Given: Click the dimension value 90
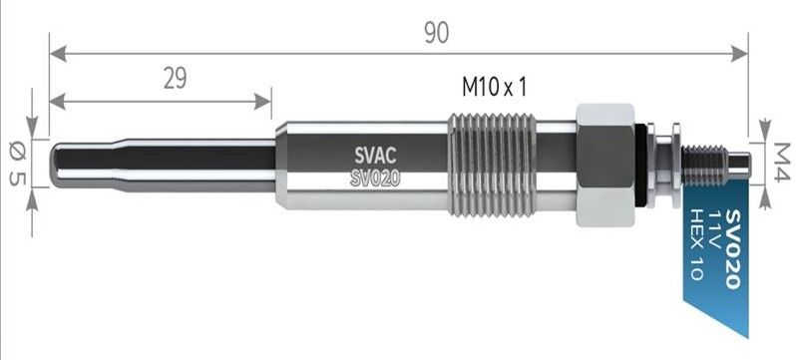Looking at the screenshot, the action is [x=437, y=33].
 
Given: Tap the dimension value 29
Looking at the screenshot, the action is [x=176, y=79].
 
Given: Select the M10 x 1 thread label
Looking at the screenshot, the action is [x=494, y=88].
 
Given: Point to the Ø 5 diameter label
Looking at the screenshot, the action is [x=17, y=164].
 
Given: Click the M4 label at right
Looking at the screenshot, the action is [x=782, y=162].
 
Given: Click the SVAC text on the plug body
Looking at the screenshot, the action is [x=375, y=156].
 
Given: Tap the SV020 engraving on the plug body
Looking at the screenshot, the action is [x=375, y=178].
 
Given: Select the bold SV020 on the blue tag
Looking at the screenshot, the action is [x=733, y=248].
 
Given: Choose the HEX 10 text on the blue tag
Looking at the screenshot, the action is [x=695, y=244].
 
